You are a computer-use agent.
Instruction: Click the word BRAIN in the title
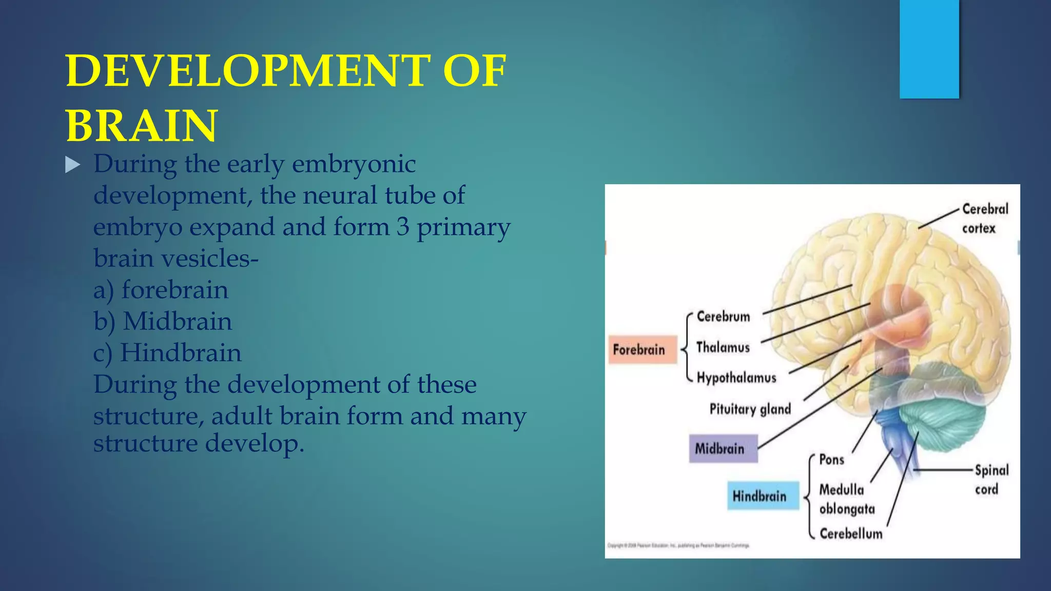click(142, 126)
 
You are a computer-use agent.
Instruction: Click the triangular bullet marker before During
click(73, 165)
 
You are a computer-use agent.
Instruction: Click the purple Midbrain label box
click(723, 449)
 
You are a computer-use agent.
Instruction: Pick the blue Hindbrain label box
click(763, 496)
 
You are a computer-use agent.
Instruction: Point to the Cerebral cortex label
click(984, 218)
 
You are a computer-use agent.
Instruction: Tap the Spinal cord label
click(990, 479)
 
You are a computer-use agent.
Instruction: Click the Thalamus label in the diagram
click(723, 347)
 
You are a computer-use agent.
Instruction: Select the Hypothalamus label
click(736, 378)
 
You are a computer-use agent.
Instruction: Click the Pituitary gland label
click(750, 409)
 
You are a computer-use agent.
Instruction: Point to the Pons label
click(831, 459)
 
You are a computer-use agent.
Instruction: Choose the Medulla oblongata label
click(846, 499)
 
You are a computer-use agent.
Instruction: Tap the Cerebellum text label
click(851, 534)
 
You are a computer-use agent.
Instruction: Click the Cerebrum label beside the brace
click(723, 317)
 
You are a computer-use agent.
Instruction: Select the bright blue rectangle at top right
click(929, 49)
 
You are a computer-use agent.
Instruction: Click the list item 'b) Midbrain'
click(163, 322)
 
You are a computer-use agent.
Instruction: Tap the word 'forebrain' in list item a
click(174, 290)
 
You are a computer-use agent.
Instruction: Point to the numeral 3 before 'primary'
click(402, 227)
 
